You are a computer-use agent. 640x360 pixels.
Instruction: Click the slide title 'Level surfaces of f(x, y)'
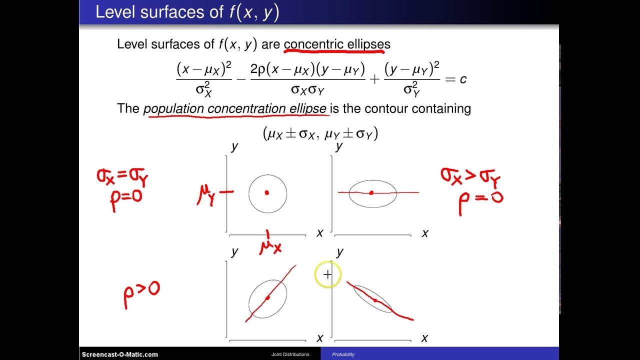(x=187, y=12)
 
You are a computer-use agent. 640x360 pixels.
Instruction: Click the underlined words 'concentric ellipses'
(x=337, y=44)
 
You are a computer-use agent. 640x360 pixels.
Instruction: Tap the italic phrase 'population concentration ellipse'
(x=235, y=108)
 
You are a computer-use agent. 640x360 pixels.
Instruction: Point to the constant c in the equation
(x=463, y=78)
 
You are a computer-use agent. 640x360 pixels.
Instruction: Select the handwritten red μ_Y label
(x=205, y=194)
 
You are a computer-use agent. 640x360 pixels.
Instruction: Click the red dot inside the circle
(x=267, y=192)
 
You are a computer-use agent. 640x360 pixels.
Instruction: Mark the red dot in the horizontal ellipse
(x=371, y=192)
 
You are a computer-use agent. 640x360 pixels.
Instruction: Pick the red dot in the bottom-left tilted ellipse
(x=267, y=298)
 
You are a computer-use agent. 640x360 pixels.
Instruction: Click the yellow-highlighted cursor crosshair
(x=327, y=274)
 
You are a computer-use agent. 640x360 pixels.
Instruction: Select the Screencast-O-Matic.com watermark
(x=120, y=354)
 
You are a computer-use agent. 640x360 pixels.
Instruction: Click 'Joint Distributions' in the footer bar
(x=290, y=354)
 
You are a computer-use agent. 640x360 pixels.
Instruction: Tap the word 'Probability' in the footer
(x=343, y=354)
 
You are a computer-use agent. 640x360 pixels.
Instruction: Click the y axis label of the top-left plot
(x=234, y=146)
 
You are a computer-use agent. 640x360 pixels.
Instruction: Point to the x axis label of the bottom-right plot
(x=424, y=338)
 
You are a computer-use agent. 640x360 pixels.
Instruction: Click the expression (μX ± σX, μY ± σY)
(x=320, y=133)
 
